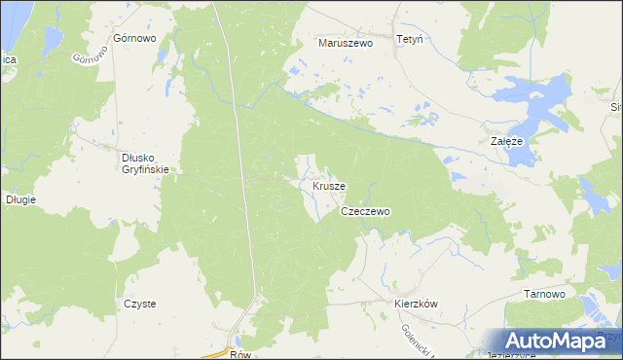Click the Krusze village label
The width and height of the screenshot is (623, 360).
[x=329, y=185]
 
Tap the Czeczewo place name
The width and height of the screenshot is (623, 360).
[x=365, y=211]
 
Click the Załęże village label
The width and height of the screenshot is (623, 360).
[x=506, y=141]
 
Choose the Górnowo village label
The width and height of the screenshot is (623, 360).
[x=135, y=39]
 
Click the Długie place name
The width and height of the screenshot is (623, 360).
[x=20, y=199]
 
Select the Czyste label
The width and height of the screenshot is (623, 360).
[x=139, y=304]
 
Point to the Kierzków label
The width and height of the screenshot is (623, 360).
[x=417, y=304]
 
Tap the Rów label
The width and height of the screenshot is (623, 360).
[x=242, y=354]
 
